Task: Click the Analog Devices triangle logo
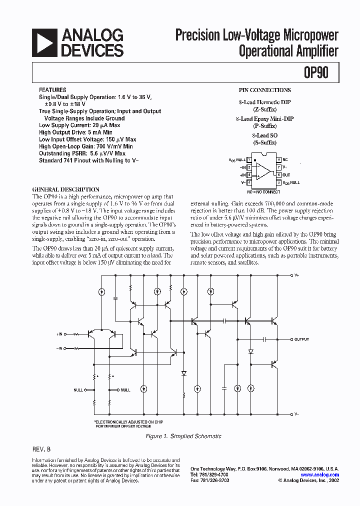pos(43,42)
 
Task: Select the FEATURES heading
pos(51,90)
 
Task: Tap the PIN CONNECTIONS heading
pos(264,90)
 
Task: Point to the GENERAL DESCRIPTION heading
pos(65,189)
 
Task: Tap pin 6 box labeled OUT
pos(278,175)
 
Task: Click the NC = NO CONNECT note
pos(263,191)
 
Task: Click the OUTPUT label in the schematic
pos(301,339)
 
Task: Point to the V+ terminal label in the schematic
pos(297,275)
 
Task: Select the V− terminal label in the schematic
pos(297,414)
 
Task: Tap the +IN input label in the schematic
pos(60,333)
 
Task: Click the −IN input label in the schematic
pos(60,347)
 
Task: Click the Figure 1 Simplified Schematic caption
pos(183,436)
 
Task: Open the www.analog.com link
pos(320,475)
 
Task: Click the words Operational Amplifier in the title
pos(288,50)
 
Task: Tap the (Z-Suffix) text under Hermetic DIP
pos(264,109)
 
